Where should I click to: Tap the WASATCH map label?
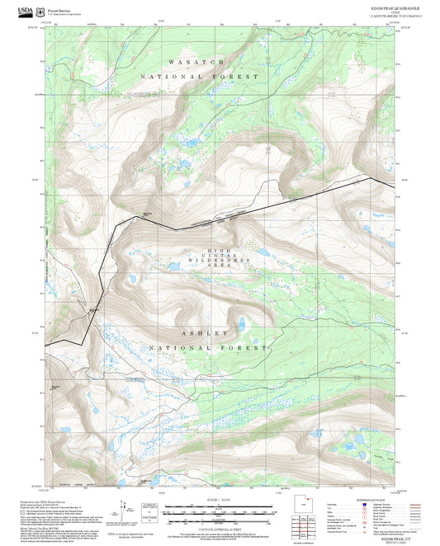(196, 62)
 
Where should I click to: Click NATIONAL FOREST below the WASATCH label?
(199, 76)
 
